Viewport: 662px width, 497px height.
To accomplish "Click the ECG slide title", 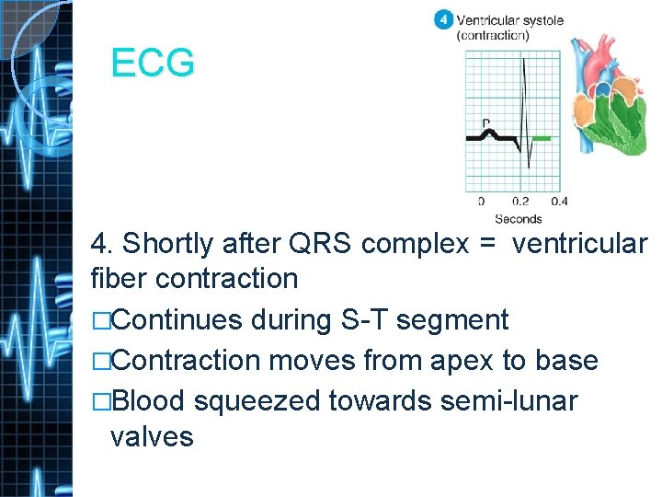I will (x=153, y=64).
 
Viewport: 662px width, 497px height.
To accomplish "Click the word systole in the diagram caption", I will (x=540, y=20).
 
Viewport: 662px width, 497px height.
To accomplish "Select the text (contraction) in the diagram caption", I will (x=493, y=36).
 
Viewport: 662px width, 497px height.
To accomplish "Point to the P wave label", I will (x=485, y=122).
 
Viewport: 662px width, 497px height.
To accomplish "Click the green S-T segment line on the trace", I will (x=542, y=138).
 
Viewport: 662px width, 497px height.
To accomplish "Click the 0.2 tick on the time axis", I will (x=520, y=202).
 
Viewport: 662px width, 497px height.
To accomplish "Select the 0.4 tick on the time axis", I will (x=559, y=202).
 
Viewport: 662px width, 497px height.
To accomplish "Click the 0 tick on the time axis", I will (x=481, y=202).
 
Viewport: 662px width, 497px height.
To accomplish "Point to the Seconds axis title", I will (x=518, y=218).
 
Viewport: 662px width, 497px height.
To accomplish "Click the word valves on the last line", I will (x=152, y=435).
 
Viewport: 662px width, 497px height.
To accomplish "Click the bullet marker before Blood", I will (x=99, y=400).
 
